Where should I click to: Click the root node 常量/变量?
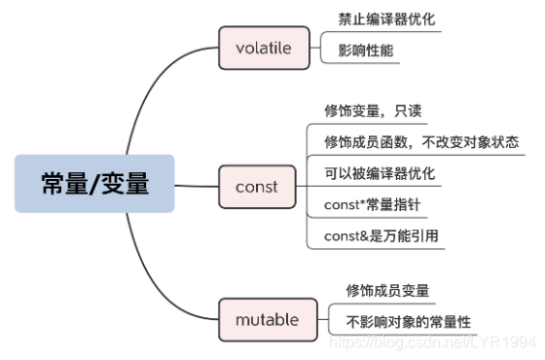(x=94, y=183)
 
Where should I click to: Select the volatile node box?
(x=263, y=46)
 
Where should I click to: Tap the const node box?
(x=256, y=184)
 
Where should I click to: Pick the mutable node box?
(x=266, y=319)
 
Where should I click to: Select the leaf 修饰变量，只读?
(x=371, y=110)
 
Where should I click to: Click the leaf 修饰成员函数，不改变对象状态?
(x=420, y=141)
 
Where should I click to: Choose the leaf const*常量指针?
(x=371, y=204)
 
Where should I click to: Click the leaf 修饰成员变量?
(x=388, y=289)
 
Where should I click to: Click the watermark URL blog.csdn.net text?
(x=428, y=342)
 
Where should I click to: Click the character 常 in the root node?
(x=54, y=183)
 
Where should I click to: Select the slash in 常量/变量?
(x=95, y=183)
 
